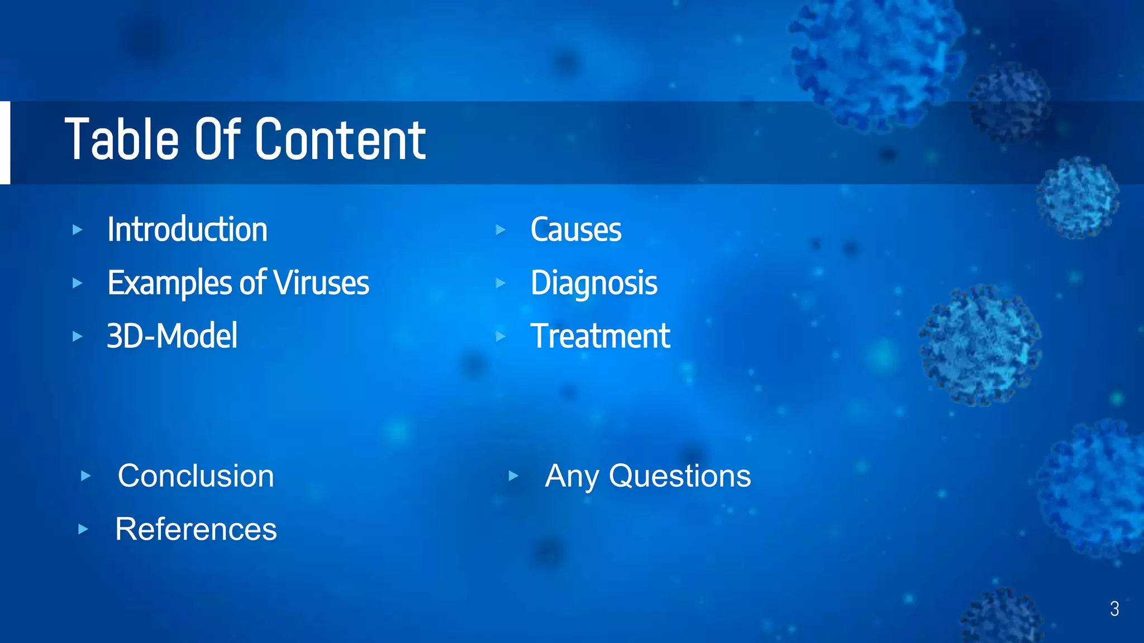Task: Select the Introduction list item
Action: pos(187,229)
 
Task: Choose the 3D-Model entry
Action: pos(172,336)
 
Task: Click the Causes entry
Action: pos(575,229)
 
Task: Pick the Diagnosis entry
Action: pos(594,282)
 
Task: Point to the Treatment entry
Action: pos(600,336)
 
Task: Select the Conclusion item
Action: pos(196,476)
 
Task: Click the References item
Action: pos(196,529)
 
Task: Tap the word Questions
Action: pos(679,476)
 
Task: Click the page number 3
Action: pos(1114,608)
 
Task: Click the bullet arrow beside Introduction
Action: pos(78,229)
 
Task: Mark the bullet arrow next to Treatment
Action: pos(500,336)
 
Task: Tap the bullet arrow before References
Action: pos(83,529)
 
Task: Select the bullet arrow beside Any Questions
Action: pos(513,476)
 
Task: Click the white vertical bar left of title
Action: pos(5,142)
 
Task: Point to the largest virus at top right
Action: pos(877,61)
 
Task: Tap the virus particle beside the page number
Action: pos(1003,617)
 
